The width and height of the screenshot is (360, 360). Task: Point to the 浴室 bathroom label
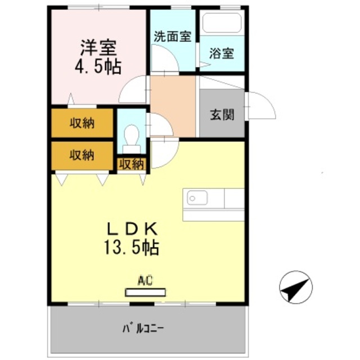[222, 55]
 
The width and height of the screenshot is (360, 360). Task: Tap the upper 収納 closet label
[82, 124]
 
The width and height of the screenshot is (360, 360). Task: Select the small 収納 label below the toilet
[131, 165]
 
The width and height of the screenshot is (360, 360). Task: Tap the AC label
[145, 279]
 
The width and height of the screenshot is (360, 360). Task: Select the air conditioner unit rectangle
[146, 292]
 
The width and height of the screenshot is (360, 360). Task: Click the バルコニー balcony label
[146, 327]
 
